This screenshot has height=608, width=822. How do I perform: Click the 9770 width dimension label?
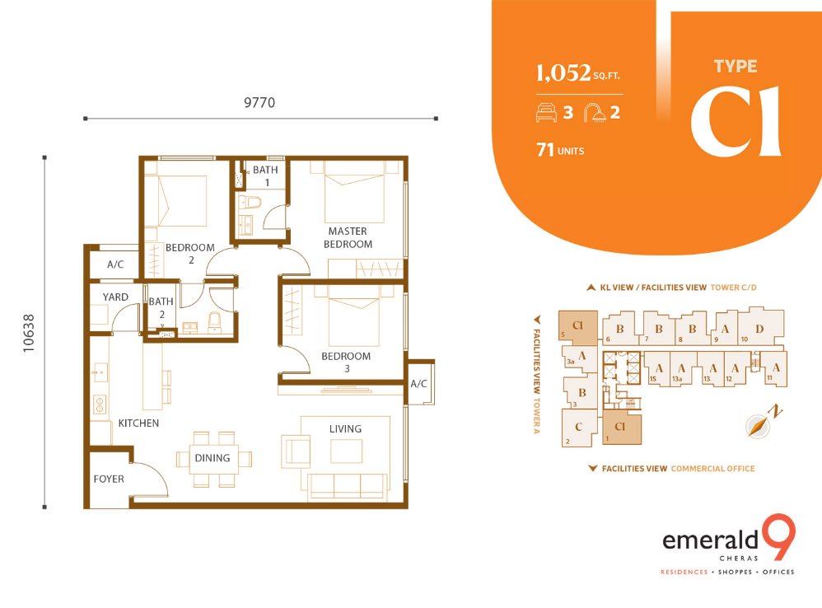tap(259, 102)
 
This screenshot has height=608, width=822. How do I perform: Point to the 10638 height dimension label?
tap(29, 333)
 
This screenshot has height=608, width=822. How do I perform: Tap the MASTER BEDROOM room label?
tap(348, 237)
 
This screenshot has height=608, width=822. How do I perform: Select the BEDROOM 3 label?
tap(346, 362)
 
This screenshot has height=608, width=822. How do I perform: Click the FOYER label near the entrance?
tap(109, 479)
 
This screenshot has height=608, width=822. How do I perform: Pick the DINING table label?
tap(213, 458)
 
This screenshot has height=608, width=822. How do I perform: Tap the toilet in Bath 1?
tap(250, 203)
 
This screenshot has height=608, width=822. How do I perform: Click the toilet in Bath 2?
tap(215, 322)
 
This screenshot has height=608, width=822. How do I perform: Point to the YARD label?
tap(115, 297)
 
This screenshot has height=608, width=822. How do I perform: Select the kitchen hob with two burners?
tap(99, 405)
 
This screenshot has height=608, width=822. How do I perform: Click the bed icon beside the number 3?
tap(546, 113)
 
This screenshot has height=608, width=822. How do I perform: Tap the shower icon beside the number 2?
tap(595, 113)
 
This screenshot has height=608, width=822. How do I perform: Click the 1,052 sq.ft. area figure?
tap(577, 72)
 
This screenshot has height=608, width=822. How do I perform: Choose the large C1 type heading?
tap(736, 122)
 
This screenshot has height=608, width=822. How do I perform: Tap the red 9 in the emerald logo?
tap(778, 536)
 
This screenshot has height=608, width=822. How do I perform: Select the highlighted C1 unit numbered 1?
tap(622, 428)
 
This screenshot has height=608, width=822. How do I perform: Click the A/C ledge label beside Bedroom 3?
tap(418, 384)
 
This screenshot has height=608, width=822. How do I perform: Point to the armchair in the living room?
tap(296, 451)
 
